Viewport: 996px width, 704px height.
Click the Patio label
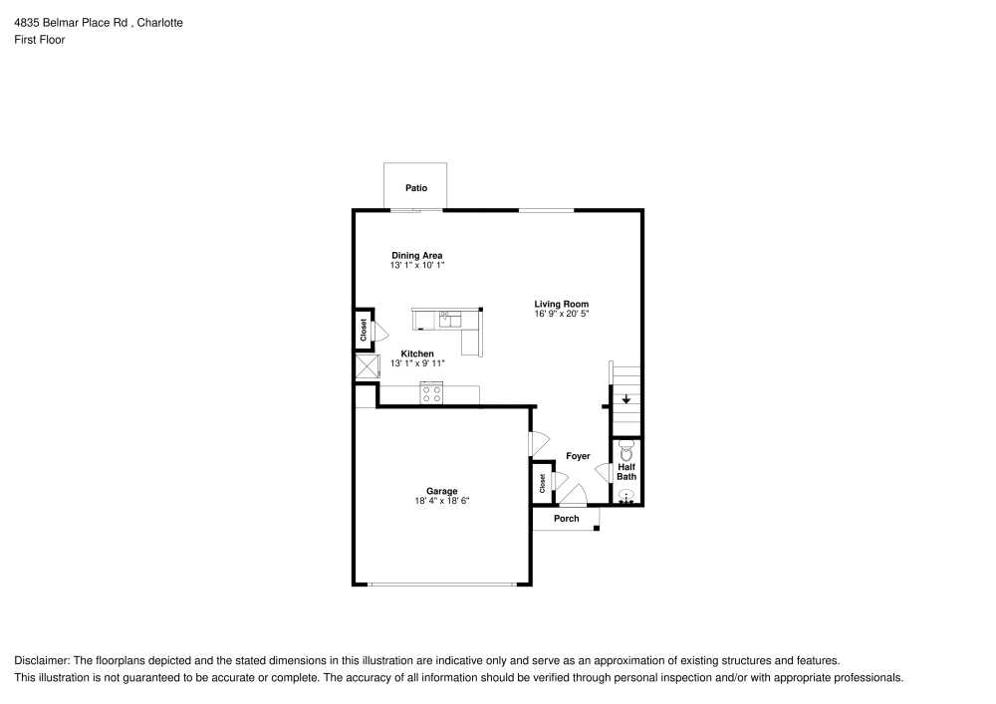coord(415,187)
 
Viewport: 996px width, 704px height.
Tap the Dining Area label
coord(416,256)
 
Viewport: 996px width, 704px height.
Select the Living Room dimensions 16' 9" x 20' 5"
coord(562,315)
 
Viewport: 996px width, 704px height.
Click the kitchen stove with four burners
coord(431,393)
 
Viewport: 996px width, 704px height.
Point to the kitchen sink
coord(450,320)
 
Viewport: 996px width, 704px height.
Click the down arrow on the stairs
coord(625,400)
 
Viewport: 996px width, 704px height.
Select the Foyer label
coord(578,456)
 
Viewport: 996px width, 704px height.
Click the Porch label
coord(566,519)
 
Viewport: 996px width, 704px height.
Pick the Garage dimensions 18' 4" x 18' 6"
coord(441,502)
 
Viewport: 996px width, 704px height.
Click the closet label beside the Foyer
coord(543,484)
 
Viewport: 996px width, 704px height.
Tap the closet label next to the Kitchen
coord(364,331)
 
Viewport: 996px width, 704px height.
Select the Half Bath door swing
coord(602,472)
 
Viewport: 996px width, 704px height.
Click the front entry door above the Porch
coord(573,493)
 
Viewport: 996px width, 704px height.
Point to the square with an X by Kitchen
coord(367,366)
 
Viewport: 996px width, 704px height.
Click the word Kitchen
coord(417,353)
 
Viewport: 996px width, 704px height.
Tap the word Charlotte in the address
coord(160,22)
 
